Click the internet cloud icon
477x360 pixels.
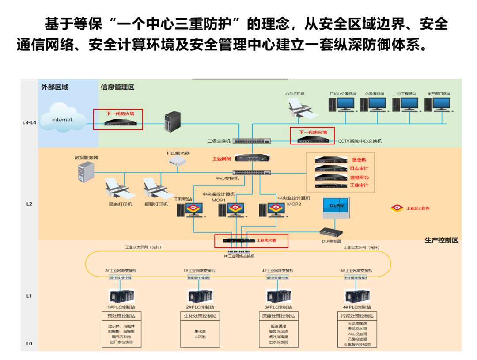point(62,118)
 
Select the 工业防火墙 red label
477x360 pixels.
point(266,240)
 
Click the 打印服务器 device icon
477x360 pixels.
point(178,162)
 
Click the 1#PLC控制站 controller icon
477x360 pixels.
point(121,296)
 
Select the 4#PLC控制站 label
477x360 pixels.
point(357,307)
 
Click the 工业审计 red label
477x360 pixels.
point(359,185)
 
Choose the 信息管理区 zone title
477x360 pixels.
point(117,87)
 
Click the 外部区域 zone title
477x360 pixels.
point(55,87)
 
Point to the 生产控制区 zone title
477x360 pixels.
point(441,240)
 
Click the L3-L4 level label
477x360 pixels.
point(29,122)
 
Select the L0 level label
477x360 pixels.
point(29,343)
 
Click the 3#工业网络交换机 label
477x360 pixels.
point(200,270)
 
